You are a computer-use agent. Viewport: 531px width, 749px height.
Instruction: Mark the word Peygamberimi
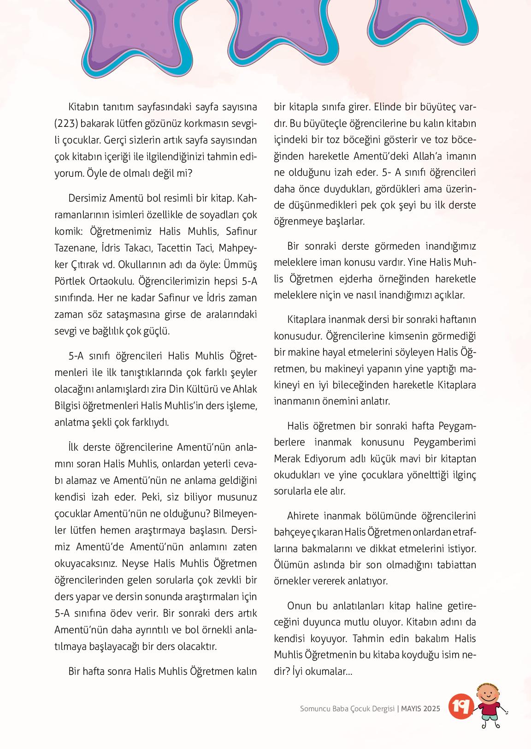tap(445, 442)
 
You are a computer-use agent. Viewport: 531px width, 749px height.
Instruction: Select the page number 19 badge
tap(459, 706)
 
